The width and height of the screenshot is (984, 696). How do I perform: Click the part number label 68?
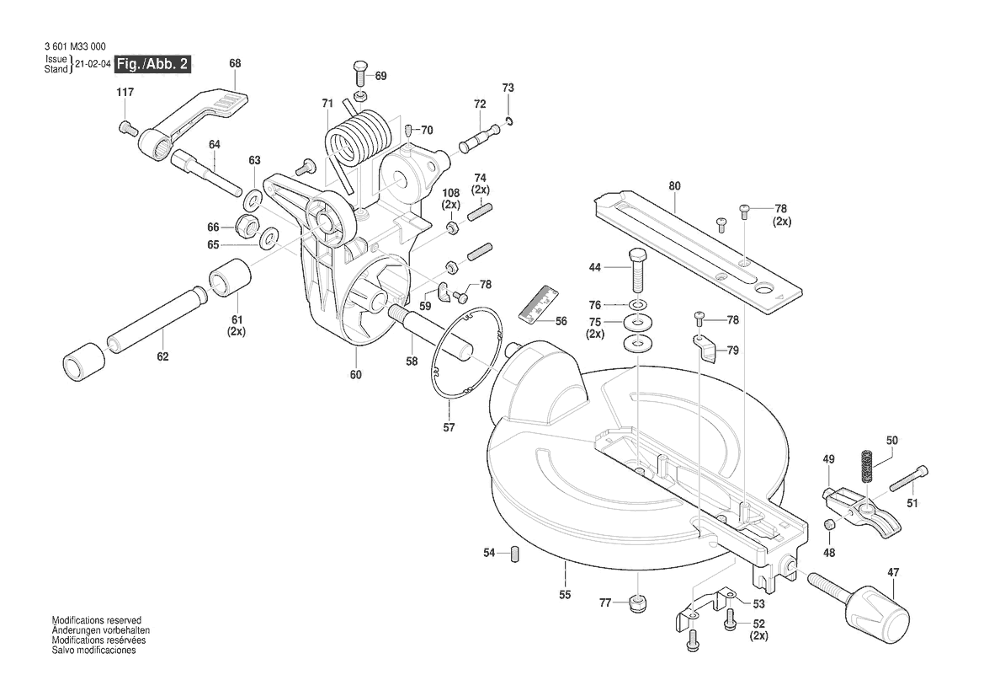pyautogui.click(x=235, y=63)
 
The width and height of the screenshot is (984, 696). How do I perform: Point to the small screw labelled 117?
pyautogui.click(x=128, y=127)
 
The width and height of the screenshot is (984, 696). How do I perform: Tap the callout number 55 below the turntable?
pyautogui.click(x=565, y=595)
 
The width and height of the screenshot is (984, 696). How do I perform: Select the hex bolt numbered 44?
pyautogui.click(x=636, y=268)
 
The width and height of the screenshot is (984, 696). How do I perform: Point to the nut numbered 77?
pyautogui.click(x=638, y=604)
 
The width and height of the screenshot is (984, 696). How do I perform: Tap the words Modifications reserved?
pyautogui.click(x=97, y=620)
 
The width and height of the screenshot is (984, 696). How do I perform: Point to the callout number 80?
pyautogui.click(x=674, y=185)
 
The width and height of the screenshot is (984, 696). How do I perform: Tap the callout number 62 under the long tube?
pyautogui.click(x=162, y=356)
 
